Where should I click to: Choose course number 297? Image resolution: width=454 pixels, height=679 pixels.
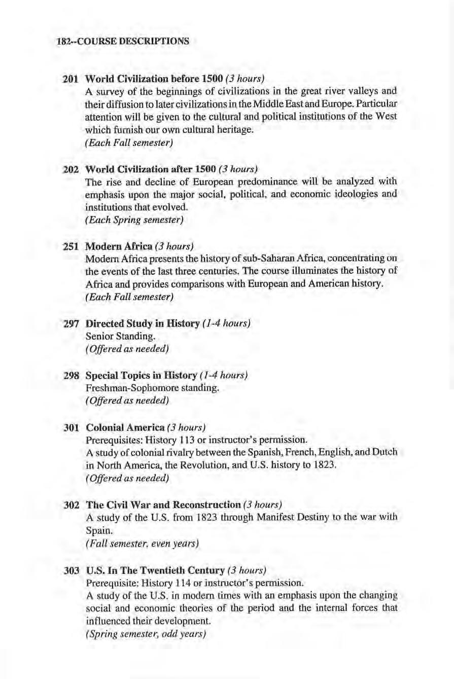pos(69,323)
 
